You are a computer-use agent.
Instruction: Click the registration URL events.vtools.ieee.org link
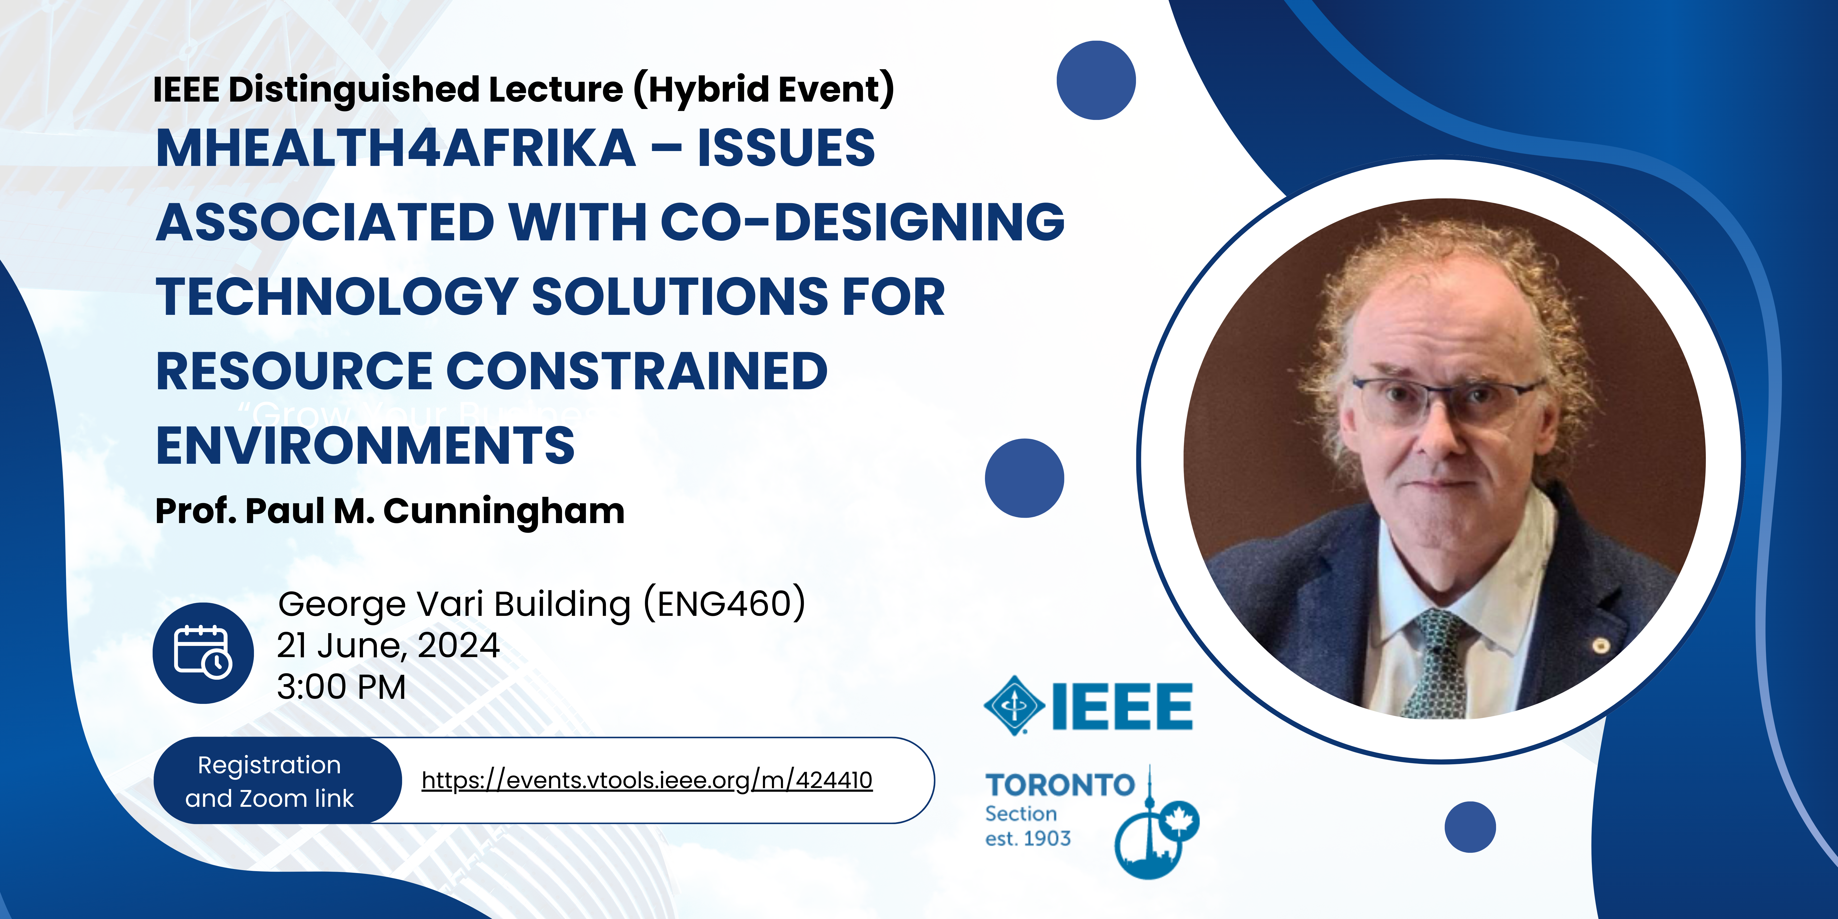(x=646, y=780)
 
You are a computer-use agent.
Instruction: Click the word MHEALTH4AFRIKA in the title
(x=396, y=148)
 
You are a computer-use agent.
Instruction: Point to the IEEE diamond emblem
(x=1014, y=705)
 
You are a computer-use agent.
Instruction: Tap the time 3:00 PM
(x=341, y=687)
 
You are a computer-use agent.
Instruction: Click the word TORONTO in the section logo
(x=1060, y=785)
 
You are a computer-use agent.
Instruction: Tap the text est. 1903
(x=1028, y=838)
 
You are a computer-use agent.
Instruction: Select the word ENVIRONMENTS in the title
(x=365, y=445)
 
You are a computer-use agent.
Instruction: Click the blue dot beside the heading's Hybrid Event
(x=1096, y=80)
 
